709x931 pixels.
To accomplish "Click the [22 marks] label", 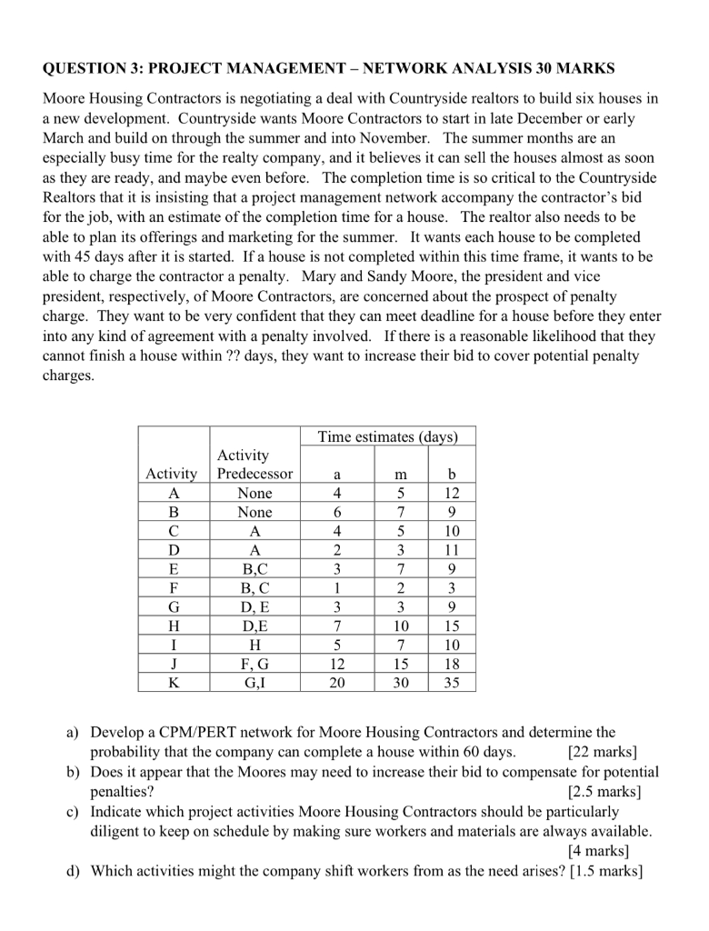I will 601,752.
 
